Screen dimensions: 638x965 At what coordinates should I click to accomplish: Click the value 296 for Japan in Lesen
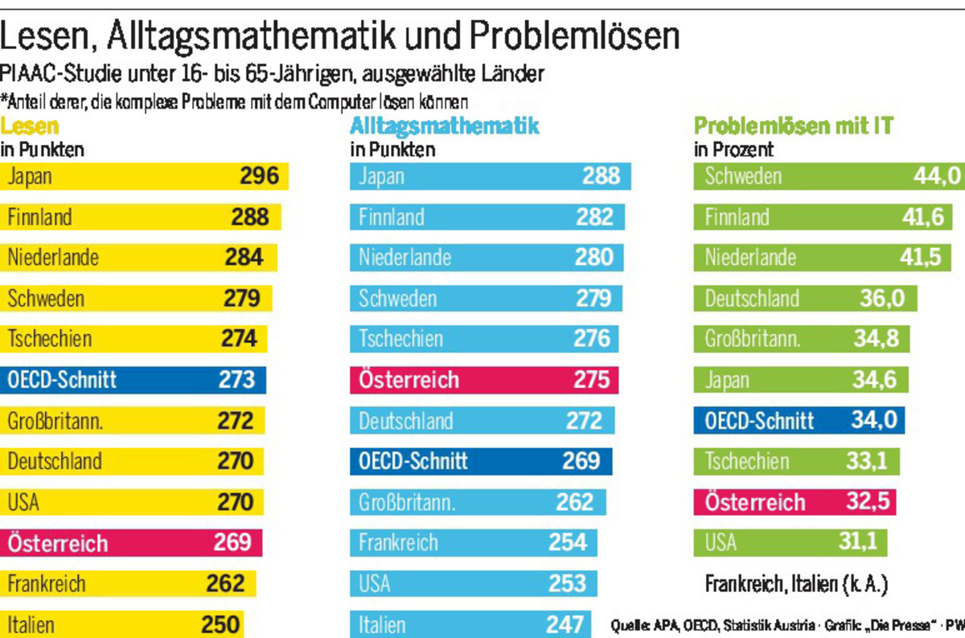tap(259, 176)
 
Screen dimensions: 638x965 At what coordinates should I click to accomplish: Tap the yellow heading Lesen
tap(30, 126)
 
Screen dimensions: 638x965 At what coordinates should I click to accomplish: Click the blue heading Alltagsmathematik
tap(445, 126)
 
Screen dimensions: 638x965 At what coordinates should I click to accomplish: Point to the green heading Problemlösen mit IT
tap(794, 126)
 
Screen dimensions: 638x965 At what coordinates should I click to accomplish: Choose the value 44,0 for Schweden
tap(937, 176)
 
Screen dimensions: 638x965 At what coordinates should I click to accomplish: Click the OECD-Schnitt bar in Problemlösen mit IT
tap(799, 420)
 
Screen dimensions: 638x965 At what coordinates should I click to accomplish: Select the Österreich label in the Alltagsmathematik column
tap(409, 380)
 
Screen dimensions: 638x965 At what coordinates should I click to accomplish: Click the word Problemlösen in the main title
tap(574, 36)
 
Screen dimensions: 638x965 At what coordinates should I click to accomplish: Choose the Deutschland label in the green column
tap(752, 298)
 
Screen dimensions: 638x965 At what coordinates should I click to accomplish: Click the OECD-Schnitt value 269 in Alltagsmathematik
tap(581, 461)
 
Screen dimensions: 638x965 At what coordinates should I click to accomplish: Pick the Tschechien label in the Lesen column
tap(50, 339)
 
